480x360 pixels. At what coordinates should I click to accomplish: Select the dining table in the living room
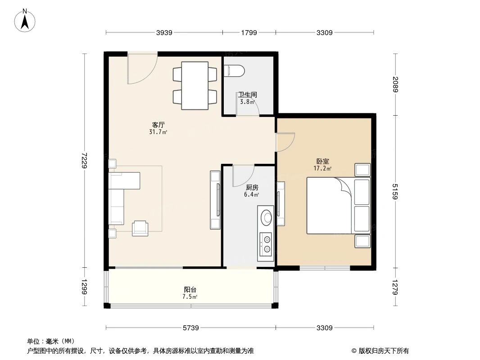[x=195, y=85]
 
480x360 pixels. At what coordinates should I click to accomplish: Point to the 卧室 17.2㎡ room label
[x=322, y=165]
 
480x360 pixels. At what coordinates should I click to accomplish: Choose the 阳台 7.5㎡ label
[x=190, y=293]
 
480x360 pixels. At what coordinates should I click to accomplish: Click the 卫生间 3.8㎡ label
[x=247, y=98]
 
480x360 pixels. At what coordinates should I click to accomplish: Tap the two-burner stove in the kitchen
[x=267, y=243]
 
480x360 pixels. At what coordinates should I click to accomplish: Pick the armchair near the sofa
[x=140, y=228]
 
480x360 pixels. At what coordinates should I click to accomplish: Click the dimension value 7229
[x=84, y=160]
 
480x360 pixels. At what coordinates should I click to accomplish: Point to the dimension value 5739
[x=190, y=328]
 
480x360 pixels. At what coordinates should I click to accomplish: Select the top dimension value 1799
[x=249, y=32]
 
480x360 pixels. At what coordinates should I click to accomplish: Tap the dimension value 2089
[x=396, y=85]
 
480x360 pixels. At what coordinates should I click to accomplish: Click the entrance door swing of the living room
[x=141, y=68]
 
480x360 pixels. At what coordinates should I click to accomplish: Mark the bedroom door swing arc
[x=285, y=143]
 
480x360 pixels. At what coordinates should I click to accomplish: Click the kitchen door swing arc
[x=243, y=176]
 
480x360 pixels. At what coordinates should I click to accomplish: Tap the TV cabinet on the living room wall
[x=215, y=200]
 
